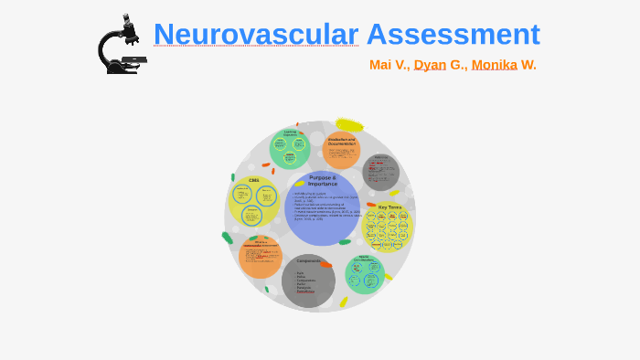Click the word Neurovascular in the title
[x=255, y=35]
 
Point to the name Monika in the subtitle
[x=494, y=65]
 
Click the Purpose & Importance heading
[x=322, y=181]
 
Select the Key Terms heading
[x=389, y=207]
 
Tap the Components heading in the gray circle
[x=308, y=260]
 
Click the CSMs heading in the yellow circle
[x=254, y=180]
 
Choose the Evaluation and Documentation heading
[x=341, y=142]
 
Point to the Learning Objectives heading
[x=290, y=133]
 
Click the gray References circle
[x=380, y=172]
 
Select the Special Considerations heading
[x=364, y=259]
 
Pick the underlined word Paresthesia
[x=305, y=291]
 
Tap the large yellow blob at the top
[x=349, y=125]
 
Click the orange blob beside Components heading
[x=326, y=265]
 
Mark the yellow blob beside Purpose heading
[x=299, y=184]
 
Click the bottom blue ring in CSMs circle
[x=251, y=217]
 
